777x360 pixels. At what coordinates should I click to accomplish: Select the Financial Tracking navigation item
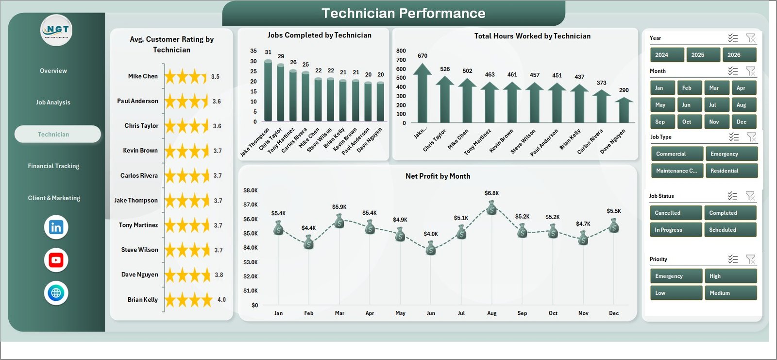[53, 166]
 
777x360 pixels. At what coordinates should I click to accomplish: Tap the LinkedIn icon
[56, 227]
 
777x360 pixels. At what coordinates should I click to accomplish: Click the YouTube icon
[56, 260]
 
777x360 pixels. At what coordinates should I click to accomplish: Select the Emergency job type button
[731, 154]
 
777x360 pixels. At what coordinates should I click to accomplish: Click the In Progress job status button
[675, 230]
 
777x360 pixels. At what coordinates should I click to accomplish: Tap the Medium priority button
[730, 293]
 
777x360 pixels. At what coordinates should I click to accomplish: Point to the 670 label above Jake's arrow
[422, 56]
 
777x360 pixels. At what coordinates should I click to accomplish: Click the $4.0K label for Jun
[431, 234]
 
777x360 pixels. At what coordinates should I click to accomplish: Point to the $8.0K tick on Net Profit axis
[251, 190]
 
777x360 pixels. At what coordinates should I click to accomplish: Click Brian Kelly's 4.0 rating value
[221, 300]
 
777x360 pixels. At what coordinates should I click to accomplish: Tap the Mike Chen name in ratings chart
[143, 76]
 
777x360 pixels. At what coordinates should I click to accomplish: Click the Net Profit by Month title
[438, 176]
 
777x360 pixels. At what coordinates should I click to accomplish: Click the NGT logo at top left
[56, 30]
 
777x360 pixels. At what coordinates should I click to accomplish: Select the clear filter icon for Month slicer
[750, 71]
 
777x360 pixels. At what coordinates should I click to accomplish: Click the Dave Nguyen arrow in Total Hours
[624, 110]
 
